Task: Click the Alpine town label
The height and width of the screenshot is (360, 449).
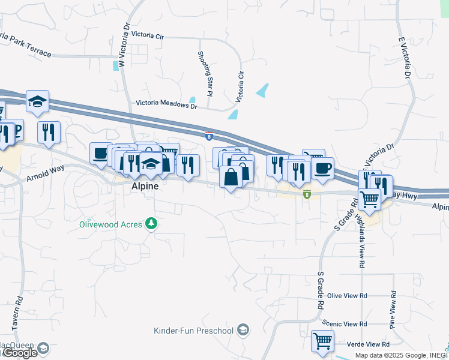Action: click(x=145, y=187)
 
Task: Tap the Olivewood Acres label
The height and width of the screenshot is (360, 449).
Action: click(x=111, y=224)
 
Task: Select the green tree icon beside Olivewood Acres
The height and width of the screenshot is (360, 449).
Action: click(x=152, y=224)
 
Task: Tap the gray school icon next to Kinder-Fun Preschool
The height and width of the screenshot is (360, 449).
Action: click(x=243, y=330)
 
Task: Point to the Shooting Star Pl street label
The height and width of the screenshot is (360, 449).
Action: click(x=205, y=74)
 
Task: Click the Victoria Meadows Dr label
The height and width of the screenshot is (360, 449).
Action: click(x=166, y=104)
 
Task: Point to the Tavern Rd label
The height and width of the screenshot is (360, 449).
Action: click(x=20, y=313)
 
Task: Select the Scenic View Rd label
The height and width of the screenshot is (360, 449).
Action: click(x=345, y=323)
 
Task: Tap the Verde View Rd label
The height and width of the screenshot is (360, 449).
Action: click(x=369, y=344)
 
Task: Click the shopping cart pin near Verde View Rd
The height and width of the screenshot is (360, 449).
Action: click(x=322, y=341)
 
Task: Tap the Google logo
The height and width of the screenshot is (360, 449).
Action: click(x=20, y=353)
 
